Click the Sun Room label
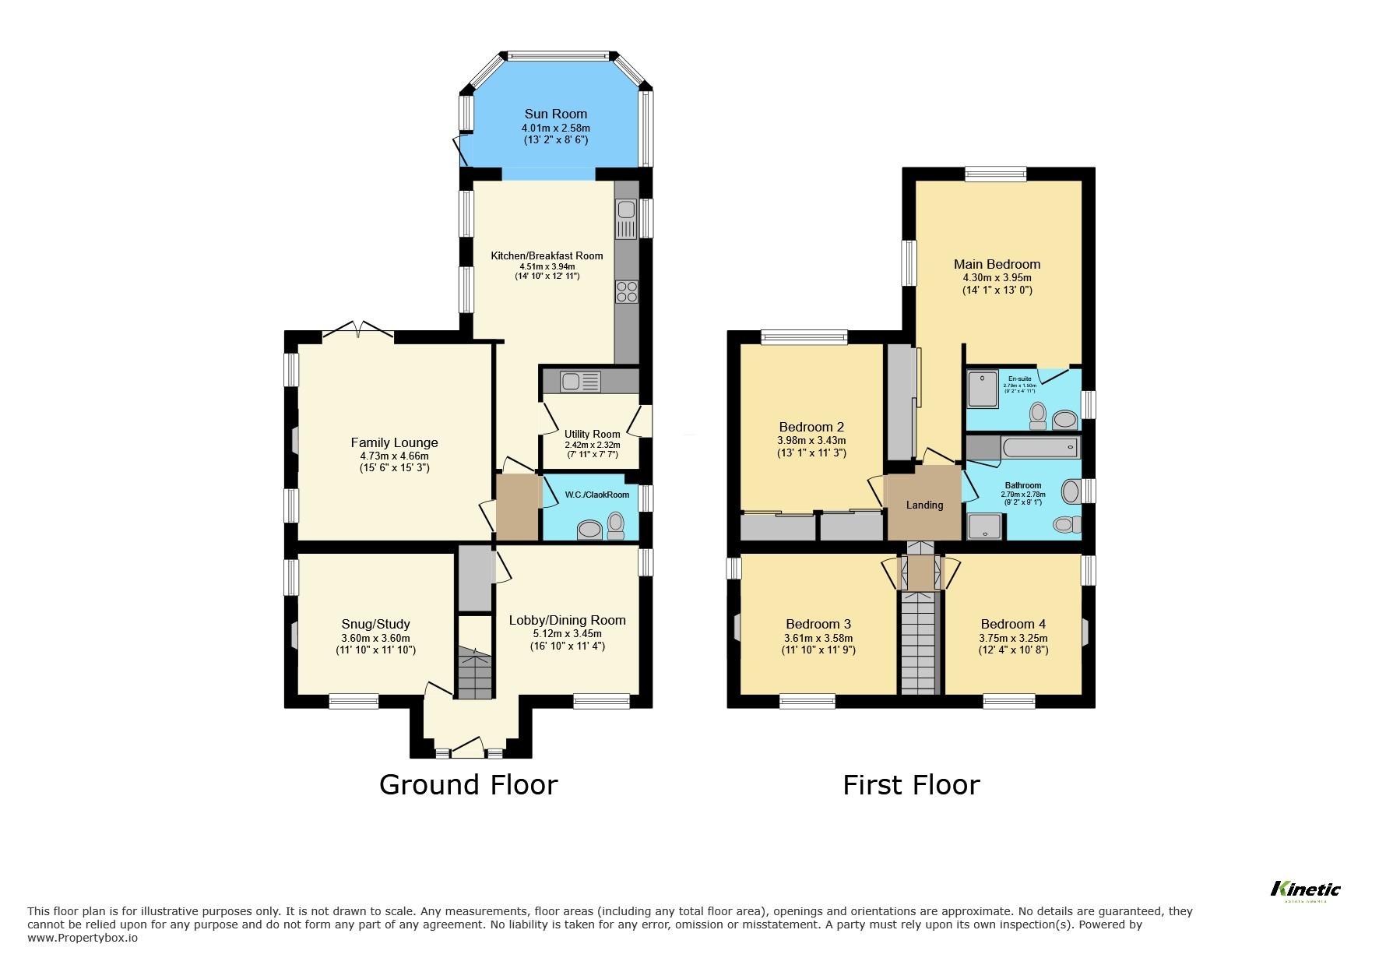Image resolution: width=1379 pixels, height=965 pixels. click(555, 114)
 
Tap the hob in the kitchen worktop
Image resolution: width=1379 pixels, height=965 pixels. click(627, 291)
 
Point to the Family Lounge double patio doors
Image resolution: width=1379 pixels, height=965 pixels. click(357, 333)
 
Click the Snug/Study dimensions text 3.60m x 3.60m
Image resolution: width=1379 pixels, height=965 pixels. click(375, 638)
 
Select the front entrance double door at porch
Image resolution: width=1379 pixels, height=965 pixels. click(467, 750)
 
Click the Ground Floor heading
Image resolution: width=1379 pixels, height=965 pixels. click(468, 784)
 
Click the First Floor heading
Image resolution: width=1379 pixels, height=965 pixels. click(910, 784)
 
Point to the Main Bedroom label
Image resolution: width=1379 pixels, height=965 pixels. click(997, 264)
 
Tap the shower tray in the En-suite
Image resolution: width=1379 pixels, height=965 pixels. click(983, 389)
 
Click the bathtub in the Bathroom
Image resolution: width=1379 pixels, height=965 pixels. click(1040, 448)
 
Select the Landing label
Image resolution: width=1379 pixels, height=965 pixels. click(924, 505)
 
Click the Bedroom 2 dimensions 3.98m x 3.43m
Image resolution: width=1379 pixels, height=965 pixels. click(811, 440)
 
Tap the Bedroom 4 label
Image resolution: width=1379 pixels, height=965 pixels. click(1012, 624)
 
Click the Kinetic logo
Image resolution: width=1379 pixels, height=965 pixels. click(1305, 889)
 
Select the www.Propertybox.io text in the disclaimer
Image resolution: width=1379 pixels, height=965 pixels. click(83, 938)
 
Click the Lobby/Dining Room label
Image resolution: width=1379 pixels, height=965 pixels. click(567, 620)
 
